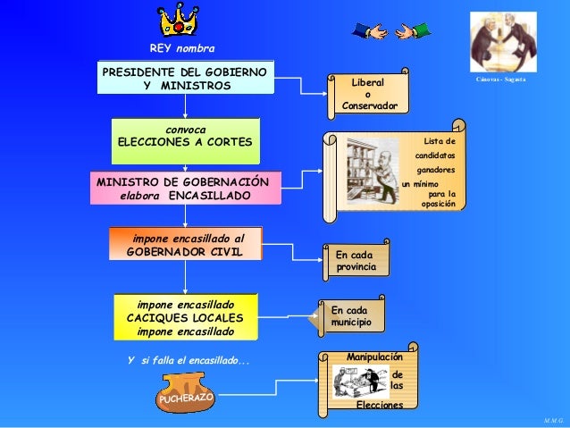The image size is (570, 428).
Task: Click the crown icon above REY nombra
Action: tap(179, 20)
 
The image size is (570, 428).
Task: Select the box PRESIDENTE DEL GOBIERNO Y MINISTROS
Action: tap(186, 78)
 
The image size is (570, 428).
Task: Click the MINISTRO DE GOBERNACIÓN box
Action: tap(186, 189)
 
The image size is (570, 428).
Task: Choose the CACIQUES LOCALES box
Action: tap(186, 317)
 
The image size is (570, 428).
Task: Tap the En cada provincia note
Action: tap(356, 261)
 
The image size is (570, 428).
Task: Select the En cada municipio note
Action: tap(352, 315)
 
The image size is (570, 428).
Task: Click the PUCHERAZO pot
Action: tap(187, 395)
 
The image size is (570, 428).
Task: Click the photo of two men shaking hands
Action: tap(504, 42)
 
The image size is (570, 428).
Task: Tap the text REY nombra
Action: tap(182, 47)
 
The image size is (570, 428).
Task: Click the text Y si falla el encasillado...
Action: tap(189, 361)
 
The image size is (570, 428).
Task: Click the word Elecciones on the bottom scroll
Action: tap(379, 405)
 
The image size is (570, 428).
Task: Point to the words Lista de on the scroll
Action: tap(440, 141)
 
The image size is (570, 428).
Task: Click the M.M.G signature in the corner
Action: tap(553, 418)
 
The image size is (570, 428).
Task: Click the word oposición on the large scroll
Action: tap(438, 204)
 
